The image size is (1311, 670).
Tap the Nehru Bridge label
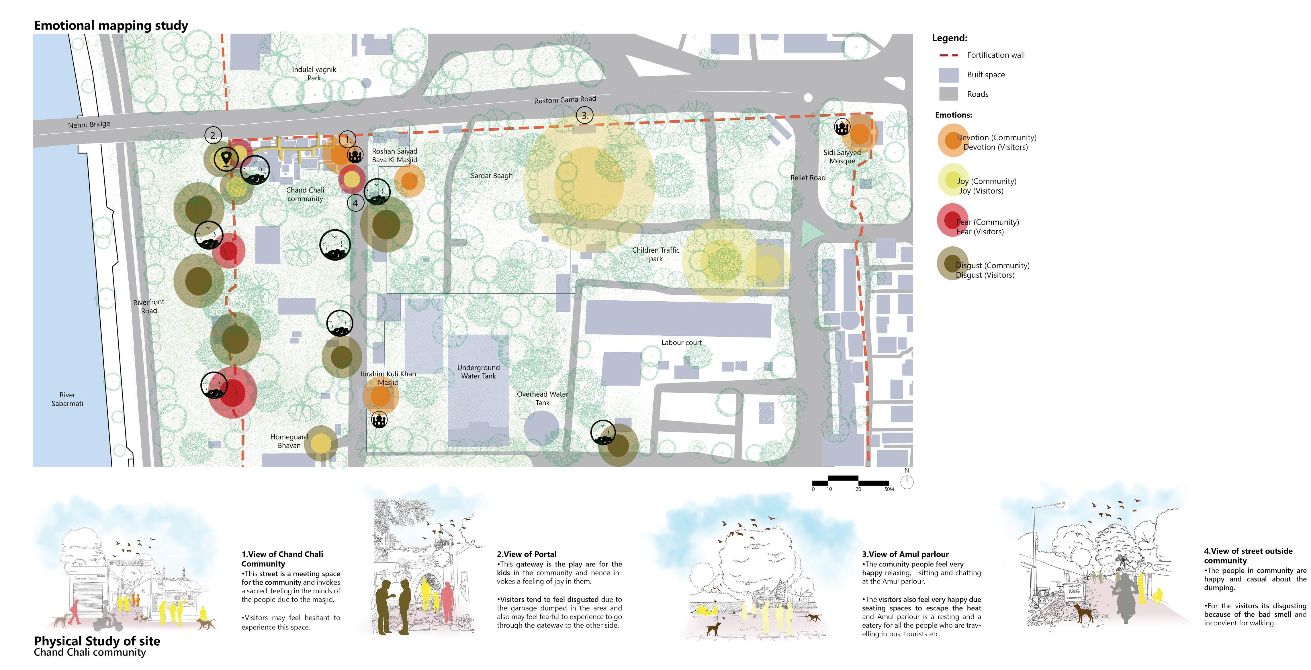coord(89,124)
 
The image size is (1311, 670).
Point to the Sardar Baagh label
coord(491,176)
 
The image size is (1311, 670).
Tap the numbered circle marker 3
coord(585,115)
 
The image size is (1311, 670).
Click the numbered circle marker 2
coord(213,135)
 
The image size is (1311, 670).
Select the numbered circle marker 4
coord(356,203)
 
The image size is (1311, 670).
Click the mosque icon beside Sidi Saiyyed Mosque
coord(842,127)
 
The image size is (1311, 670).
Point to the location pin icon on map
coord(226,158)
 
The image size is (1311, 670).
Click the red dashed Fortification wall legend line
coord(948,55)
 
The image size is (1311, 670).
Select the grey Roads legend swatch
coord(948,94)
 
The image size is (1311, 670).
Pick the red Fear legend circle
coord(952,220)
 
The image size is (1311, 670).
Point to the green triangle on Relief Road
coord(810,233)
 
